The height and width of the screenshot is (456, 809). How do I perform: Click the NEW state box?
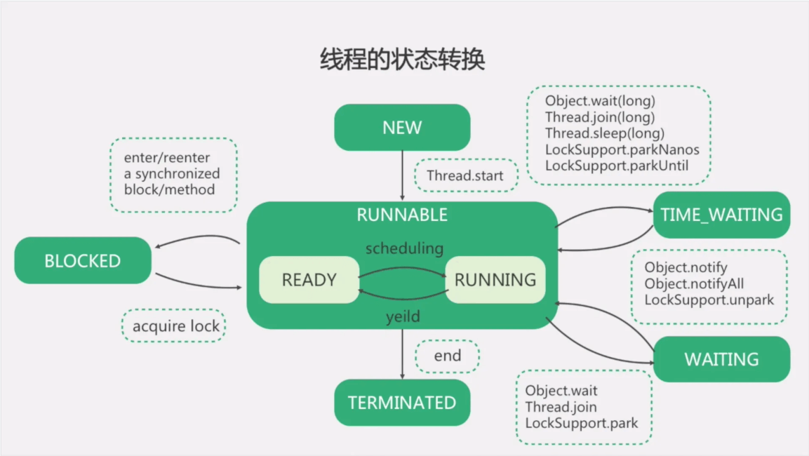click(x=402, y=128)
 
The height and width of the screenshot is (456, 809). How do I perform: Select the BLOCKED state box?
click(x=83, y=261)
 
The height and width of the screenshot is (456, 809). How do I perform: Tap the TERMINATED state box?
click(x=402, y=403)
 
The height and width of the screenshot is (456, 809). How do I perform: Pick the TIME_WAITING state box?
click(x=721, y=215)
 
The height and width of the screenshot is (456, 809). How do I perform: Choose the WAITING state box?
click(x=721, y=359)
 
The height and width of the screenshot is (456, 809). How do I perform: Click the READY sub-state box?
click(x=309, y=280)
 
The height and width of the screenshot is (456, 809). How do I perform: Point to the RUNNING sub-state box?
click(x=495, y=280)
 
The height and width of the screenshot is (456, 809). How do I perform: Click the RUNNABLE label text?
click(x=402, y=215)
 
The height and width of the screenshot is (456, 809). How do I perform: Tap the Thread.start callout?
click(x=465, y=175)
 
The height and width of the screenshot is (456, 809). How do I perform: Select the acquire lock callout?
click(x=176, y=326)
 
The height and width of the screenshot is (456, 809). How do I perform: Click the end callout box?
click(x=448, y=356)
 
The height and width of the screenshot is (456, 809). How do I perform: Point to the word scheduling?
click(x=404, y=248)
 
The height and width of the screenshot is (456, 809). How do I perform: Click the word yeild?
click(x=403, y=316)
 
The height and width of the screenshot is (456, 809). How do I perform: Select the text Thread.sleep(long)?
click(x=605, y=133)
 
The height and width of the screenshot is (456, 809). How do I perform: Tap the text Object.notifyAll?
click(x=694, y=283)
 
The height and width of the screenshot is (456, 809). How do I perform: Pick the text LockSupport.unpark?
click(x=709, y=300)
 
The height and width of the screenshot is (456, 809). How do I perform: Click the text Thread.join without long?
click(x=561, y=407)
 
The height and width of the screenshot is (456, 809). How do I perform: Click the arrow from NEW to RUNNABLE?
click(x=402, y=175)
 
